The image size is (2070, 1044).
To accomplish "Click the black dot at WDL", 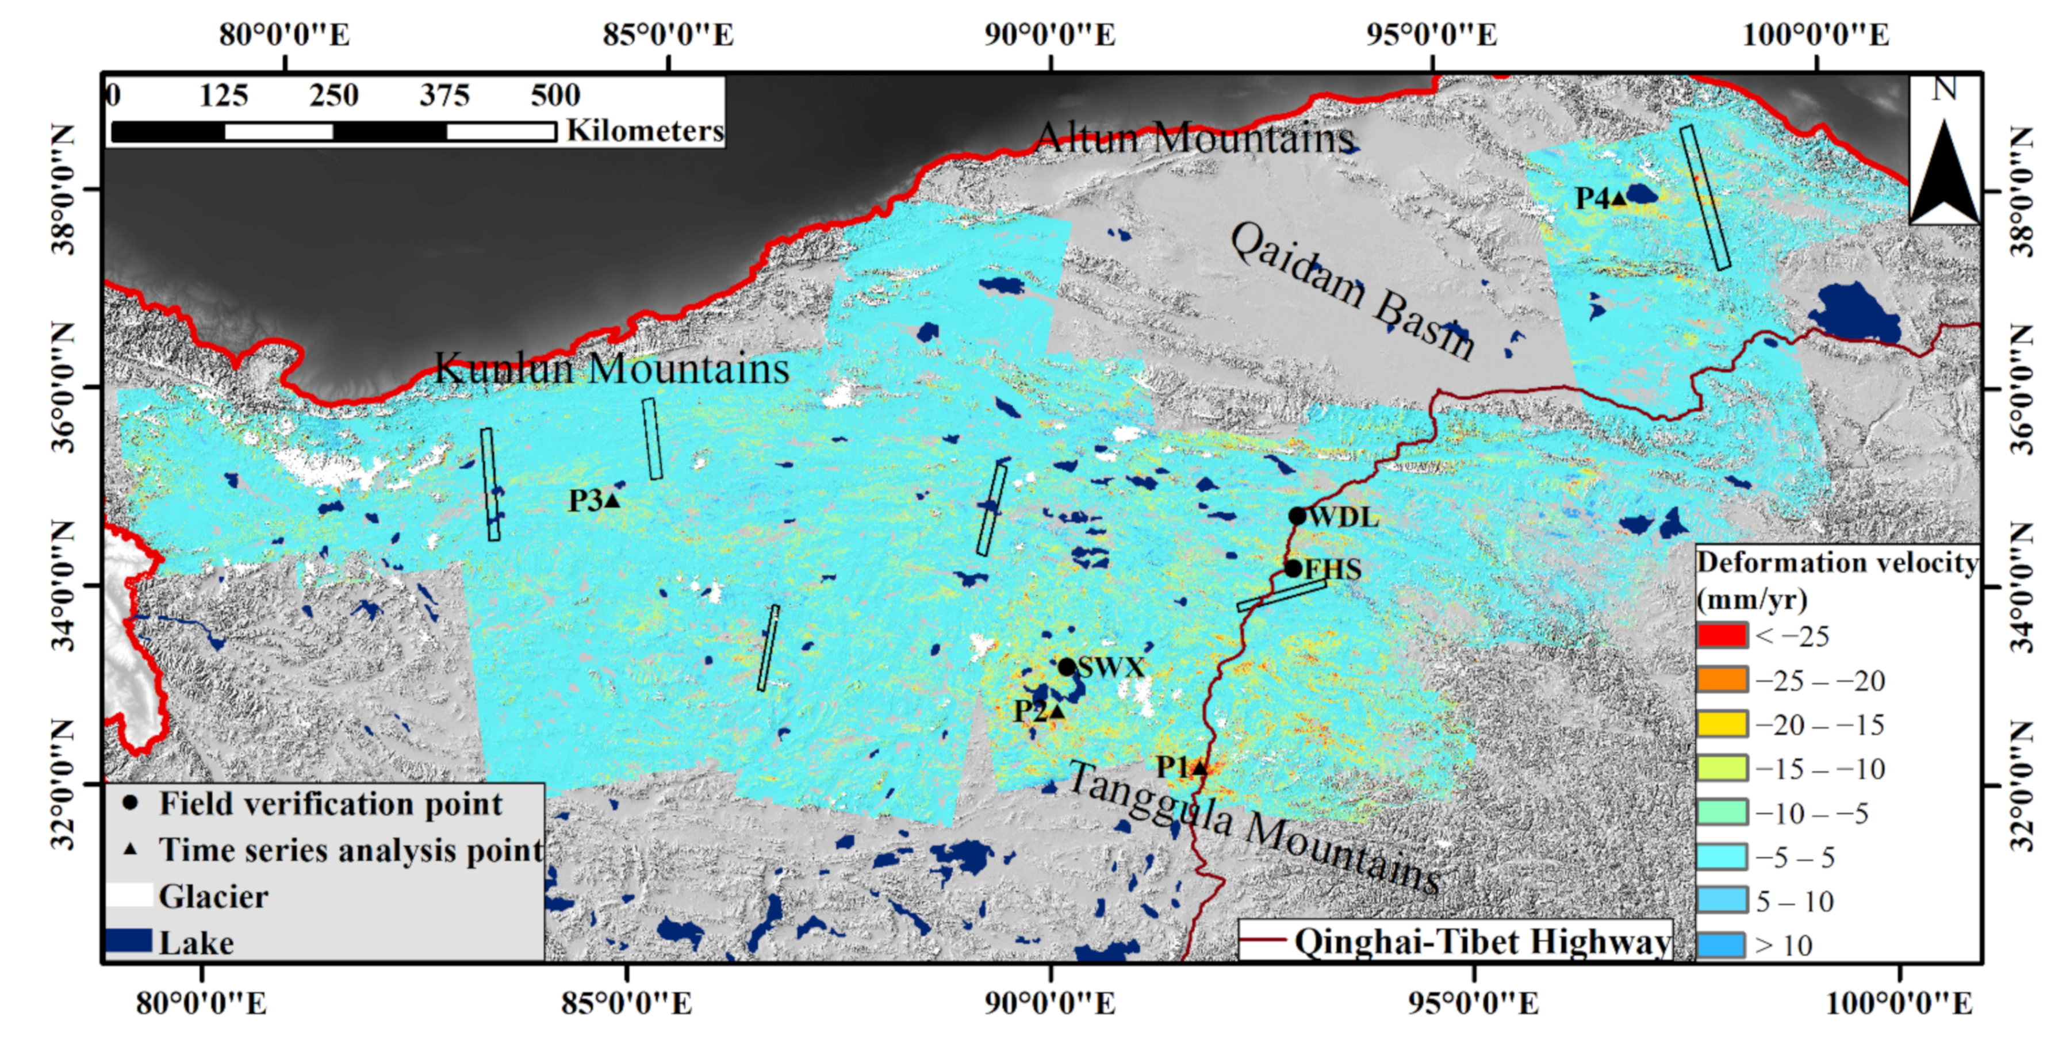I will click(x=1297, y=516).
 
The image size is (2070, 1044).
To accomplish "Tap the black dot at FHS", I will click(x=1292, y=568).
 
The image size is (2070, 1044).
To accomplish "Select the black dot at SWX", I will click(x=1067, y=666).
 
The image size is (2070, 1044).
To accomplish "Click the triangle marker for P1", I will click(x=1199, y=768).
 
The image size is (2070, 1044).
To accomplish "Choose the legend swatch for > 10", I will click(x=1722, y=945).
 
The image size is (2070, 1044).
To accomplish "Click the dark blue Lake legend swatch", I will click(x=129, y=941).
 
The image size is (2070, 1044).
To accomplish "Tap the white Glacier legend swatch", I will click(x=129, y=895).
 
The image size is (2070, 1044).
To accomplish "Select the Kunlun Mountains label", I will click(x=612, y=369).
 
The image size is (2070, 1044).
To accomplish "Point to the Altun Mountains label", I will click(x=1195, y=137).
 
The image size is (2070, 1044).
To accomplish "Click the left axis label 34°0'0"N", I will click(x=65, y=586).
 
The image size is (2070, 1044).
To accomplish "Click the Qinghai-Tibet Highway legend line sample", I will click(x=1263, y=941).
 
